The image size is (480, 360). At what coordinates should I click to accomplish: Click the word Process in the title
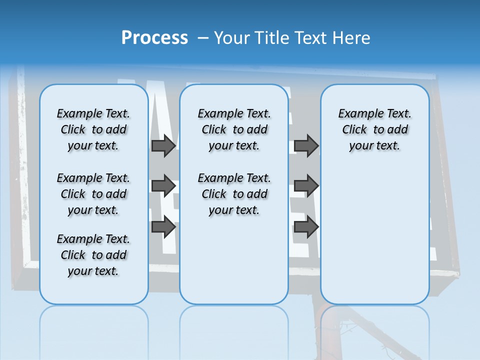(154, 38)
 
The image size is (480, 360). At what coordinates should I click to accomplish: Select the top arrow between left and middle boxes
(163, 146)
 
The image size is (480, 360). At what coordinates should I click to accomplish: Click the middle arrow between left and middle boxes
(163, 186)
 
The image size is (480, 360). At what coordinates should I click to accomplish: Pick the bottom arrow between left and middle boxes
(163, 227)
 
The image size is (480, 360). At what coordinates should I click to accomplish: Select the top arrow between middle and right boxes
(306, 146)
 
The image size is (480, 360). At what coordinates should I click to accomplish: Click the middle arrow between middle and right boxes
(306, 186)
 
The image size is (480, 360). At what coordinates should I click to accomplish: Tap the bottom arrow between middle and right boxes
(306, 227)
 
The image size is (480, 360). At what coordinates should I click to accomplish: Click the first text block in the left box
(93, 129)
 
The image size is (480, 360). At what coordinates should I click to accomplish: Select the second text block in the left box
(93, 194)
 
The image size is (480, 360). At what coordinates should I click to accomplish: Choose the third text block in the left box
(93, 255)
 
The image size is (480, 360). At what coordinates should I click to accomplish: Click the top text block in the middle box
(234, 129)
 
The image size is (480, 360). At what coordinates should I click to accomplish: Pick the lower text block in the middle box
(234, 194)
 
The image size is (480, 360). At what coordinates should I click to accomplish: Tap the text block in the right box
(374, 129)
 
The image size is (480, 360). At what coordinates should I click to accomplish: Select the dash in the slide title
(203, 38)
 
